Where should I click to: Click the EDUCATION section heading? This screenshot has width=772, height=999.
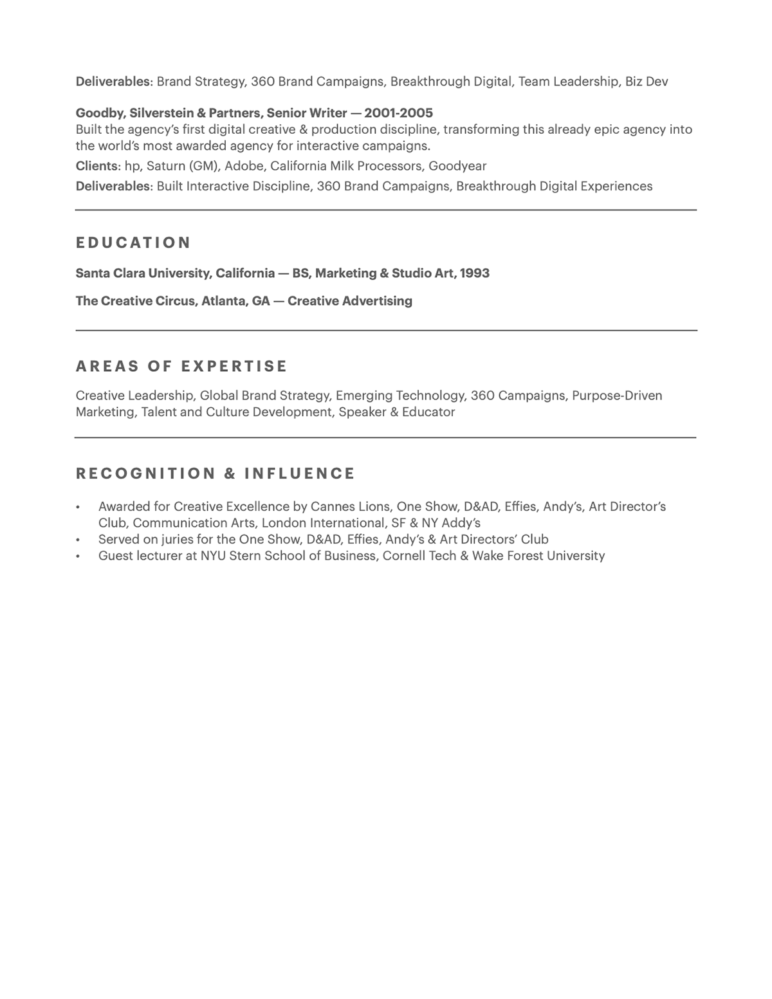(x=133, y=243)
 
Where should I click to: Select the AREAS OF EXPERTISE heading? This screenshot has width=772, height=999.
(x=181, y=366)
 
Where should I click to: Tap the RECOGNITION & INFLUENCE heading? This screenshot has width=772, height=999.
(x=216, y=473)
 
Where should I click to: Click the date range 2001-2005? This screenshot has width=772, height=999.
(x=398, y=113)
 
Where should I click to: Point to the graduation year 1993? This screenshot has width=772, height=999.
(x=475, y=273)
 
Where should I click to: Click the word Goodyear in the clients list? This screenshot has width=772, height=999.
(x=457, y=166)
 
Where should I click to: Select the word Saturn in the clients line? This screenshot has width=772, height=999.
(x=165, y=166)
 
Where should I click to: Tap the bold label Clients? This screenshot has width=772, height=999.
(x=98, y=166)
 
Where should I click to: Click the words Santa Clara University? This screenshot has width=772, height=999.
(x=143, y=273)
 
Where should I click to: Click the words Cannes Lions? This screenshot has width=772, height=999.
(x=350, y=507)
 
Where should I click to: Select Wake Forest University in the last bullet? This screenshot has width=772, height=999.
(x=538, y=556)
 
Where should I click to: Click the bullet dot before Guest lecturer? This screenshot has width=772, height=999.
(x=78, y=556)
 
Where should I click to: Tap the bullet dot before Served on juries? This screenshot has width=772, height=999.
(x=78, y=540)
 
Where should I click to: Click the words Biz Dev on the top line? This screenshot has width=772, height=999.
(x=647, y=82)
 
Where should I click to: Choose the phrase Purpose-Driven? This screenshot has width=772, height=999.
(x=617, y=396)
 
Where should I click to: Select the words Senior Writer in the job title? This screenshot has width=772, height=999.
(x=307, y=113)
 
